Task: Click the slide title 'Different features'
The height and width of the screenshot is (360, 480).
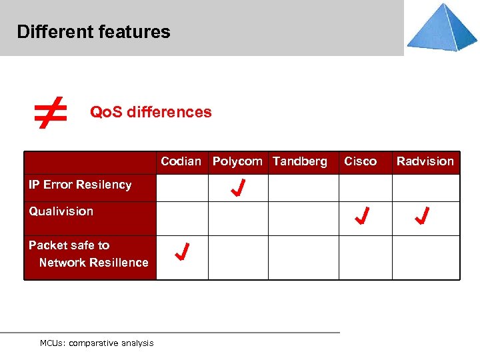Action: [x=93, y=31]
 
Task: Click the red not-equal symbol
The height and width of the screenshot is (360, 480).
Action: [x=51, y=112]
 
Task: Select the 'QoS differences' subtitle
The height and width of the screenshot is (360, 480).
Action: [x=151, y=112]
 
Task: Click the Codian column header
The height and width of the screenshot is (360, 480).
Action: [x=181, y=161]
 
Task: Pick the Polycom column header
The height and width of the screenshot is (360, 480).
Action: [x=237, y=161]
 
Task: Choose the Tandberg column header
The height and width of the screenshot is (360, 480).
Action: [x=300, y=161]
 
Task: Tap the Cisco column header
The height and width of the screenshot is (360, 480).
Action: [x=360, y=161]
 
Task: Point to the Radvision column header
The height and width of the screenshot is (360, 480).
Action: [x=425, y=161]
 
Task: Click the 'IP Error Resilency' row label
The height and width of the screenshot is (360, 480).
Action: [x=80, y=185]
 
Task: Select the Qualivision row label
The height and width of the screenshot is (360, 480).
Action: [x=61, y=211]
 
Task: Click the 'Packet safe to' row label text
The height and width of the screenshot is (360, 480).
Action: [x=69, y=245]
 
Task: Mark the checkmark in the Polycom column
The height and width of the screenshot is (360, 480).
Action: [x=237, y=188]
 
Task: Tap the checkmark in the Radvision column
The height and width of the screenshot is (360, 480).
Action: [x=422, y=216]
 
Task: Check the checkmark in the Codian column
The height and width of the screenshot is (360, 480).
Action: [x=182, y=252]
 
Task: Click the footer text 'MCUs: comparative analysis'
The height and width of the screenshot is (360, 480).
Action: [x=97, y=343]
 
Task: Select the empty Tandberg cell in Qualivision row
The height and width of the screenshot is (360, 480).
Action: [x=303, y=218]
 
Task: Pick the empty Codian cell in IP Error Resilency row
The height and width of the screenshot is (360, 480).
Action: [x=182, y=188]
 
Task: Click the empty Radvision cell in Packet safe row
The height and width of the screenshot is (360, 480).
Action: [x=425, y=257]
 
